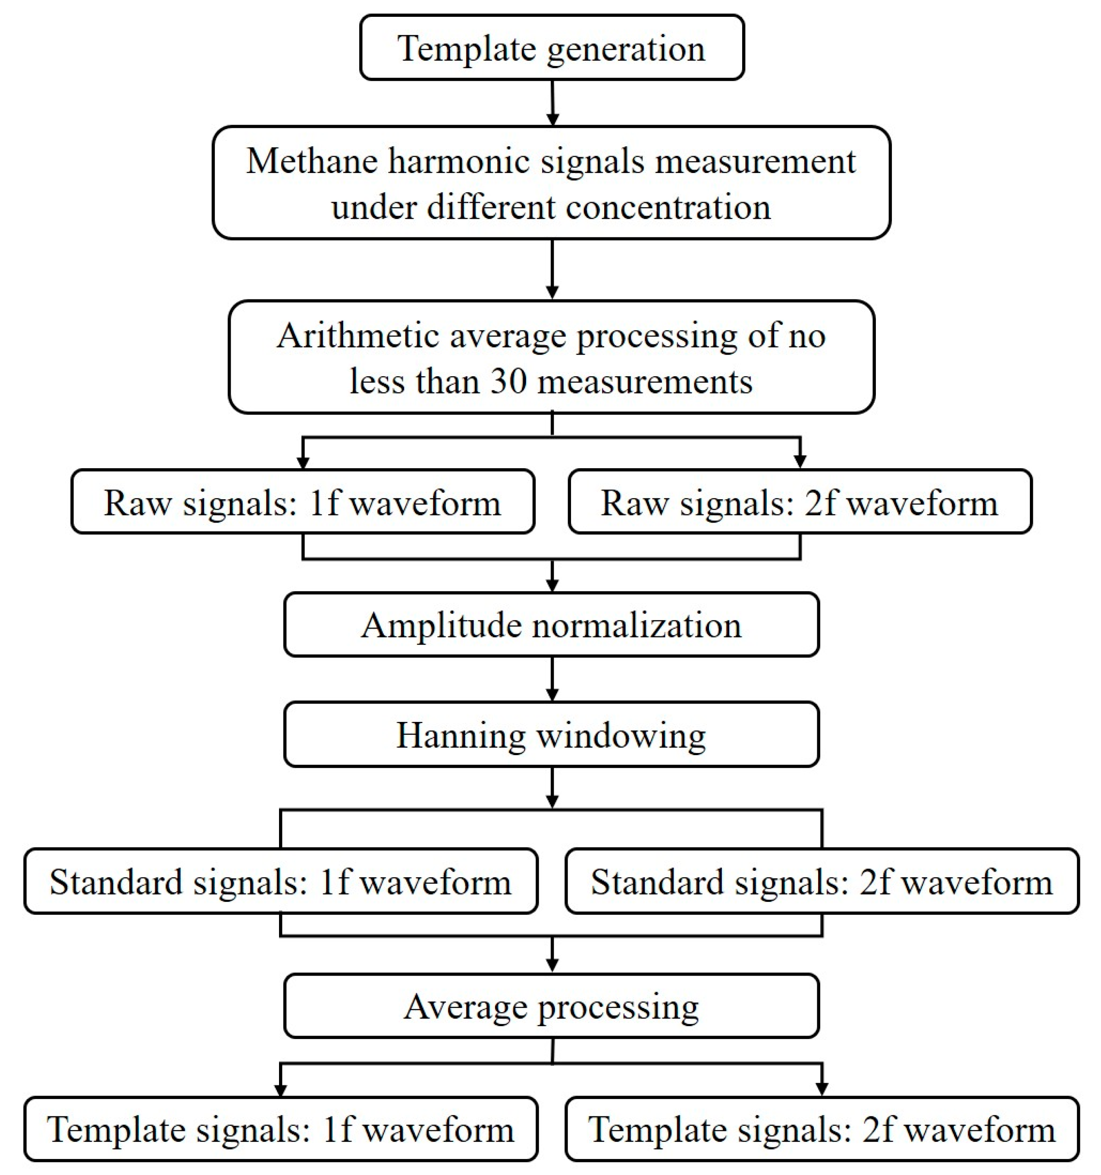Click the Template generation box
point(552,48)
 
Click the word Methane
point(311,161)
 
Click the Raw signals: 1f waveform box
point(302,502)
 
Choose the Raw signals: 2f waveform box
point(800,502)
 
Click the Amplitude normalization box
point(551,625)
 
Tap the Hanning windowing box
point(551,735)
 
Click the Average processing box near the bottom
point(551,1007)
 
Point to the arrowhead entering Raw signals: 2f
point(800,461)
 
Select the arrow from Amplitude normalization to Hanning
point(552,680)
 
